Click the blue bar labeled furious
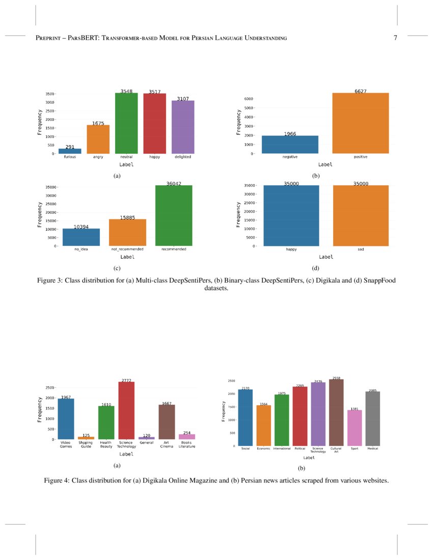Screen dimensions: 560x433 pyautogui.click(x=70, y=151)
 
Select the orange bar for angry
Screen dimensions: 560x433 pyautogui.click(x=98, y=139)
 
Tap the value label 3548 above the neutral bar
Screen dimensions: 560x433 pyautogui.click(x=126, y=91)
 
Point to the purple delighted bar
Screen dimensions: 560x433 pyautogui.click(x=183, y=127)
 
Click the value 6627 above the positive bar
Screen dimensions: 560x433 pyautogui.click(x=361, y=91)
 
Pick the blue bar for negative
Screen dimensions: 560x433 pyautogui.click(x=290, y=145)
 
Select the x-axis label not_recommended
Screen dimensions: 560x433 pyautogui.click(x=127, y=249)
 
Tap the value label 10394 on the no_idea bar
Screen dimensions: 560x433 pyautogui.click(x=81, y=227)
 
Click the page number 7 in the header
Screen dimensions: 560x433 pyautogui.click(x=395, y=38)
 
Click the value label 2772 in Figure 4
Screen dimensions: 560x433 pyautogui.click(x=126, y=380)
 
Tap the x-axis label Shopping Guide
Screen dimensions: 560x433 pyautogui.click(x=86, y=444)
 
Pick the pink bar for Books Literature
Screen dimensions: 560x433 pyautogui.click(x=187, y=436)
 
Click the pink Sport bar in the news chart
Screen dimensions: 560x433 pyautogui.click(x=355, y=428)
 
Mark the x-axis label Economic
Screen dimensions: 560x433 pyautogui.click(x=263, y=449)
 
